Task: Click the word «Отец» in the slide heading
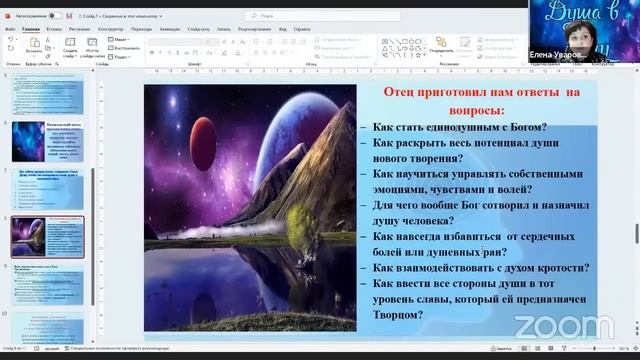[404, 93]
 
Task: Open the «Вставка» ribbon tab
[54, 30]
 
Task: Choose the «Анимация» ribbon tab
[169, 30]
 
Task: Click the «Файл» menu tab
[10, 30]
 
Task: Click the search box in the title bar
[300, 16]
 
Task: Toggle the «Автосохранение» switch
[54, 16]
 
